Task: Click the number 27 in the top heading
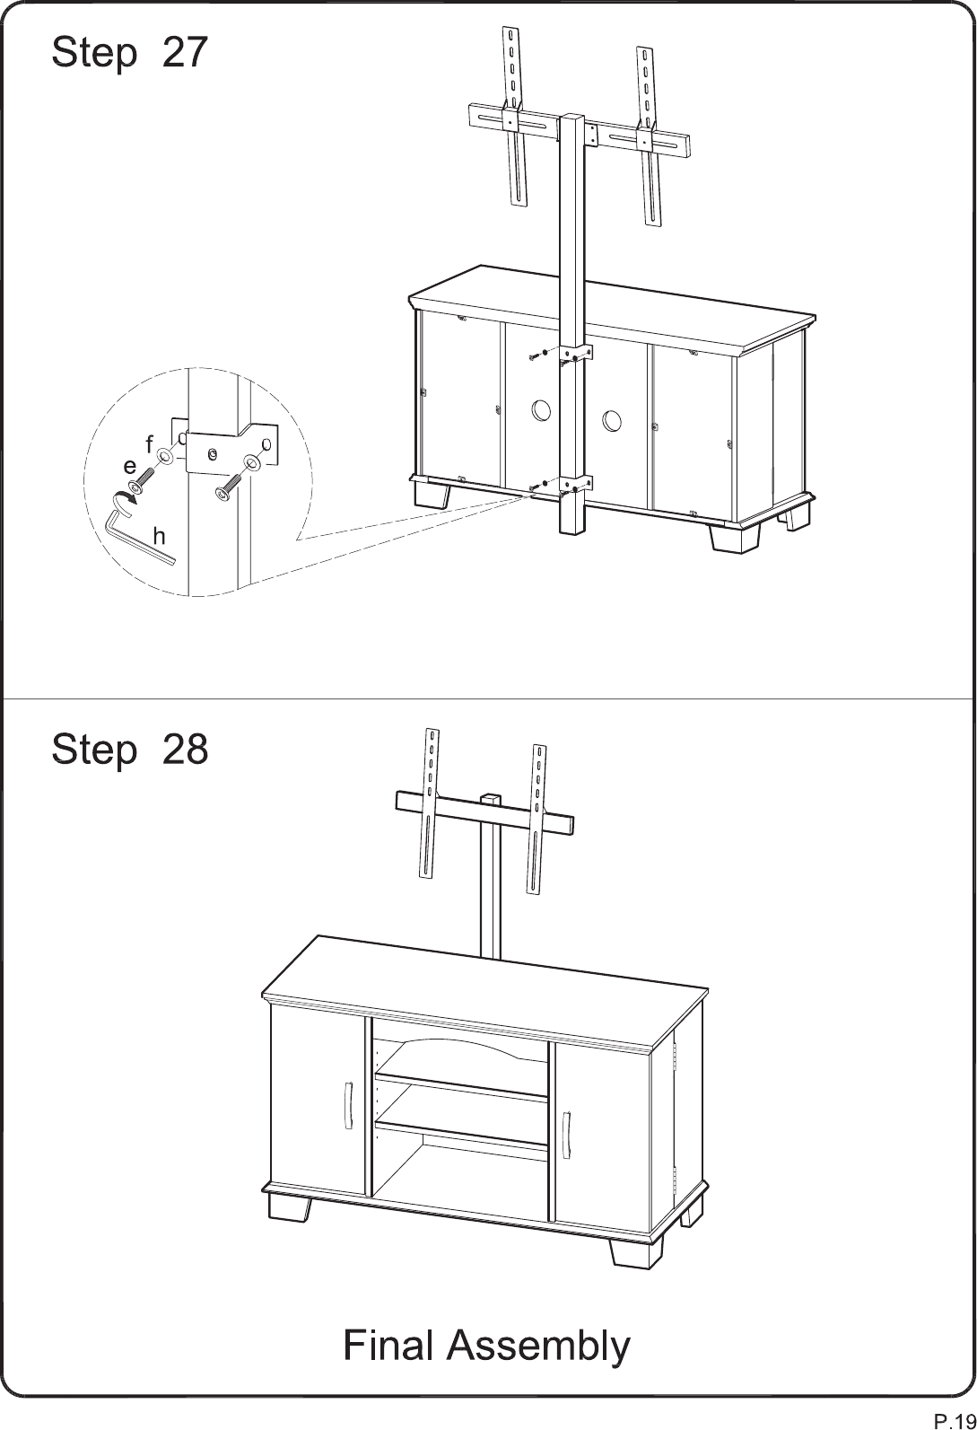click(x=185, y=52)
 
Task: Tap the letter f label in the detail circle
click(x=149, y=443)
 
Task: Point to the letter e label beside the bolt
click(x=130, y=468)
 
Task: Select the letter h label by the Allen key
click(x=159, y=536)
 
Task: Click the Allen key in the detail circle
click(x=138, y=540)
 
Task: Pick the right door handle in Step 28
click(x=566, y=1134)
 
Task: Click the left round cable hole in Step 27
click(x=540, y=410)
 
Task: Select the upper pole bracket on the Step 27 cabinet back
click(x=576, y=353)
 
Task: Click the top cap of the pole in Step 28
click(x=491, y=798)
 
